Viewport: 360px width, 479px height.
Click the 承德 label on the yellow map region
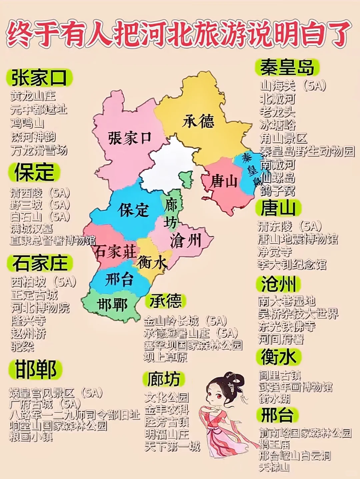198,121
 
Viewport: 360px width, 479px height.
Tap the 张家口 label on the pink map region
130,138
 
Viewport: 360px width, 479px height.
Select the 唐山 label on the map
224,182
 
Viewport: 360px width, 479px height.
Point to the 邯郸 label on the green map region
113,305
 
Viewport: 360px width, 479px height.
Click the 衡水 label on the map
152,262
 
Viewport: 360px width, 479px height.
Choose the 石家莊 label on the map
115,251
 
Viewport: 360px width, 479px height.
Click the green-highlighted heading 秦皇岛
287,67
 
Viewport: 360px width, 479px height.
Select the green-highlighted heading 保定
34,172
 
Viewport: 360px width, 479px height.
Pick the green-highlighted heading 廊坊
164,379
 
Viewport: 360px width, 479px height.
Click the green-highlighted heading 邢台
277,415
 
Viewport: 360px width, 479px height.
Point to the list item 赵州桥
28,333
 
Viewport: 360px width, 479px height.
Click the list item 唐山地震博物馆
298,239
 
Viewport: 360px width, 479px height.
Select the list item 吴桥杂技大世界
298,313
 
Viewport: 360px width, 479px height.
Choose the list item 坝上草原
165,357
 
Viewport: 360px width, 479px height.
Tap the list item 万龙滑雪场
39,150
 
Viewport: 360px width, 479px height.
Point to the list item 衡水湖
274,398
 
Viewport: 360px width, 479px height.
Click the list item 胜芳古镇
167,422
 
